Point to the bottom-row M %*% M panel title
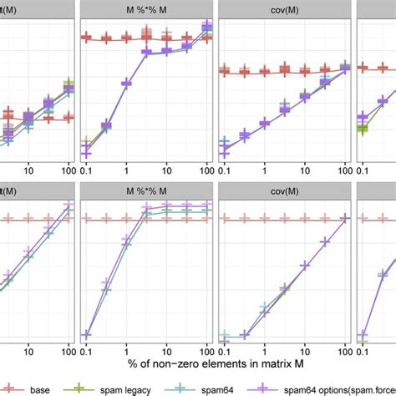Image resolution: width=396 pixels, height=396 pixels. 147,191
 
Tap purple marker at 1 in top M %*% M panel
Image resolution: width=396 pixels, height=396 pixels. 126,83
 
